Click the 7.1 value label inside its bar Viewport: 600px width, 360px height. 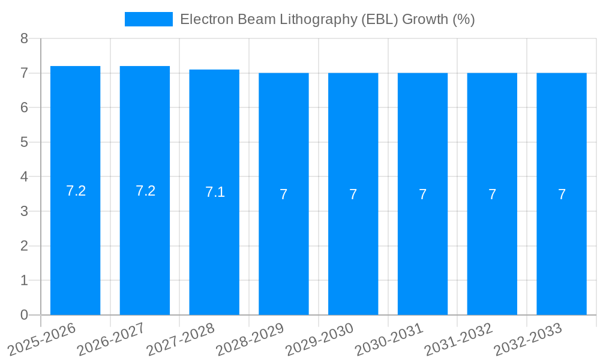tap(215, 192)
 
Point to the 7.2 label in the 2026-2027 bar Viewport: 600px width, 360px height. tap(145, 191)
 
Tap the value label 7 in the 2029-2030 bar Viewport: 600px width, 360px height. tap(353, 194)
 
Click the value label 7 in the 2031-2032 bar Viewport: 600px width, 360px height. tap(492, 194)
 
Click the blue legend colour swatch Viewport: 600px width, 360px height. tap(148, 19)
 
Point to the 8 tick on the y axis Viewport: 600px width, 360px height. tap(24, 38)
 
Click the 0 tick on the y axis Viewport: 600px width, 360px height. tap(24, 315)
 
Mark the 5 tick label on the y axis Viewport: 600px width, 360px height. tap(24, 142)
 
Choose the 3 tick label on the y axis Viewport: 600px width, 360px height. tap(24, 211)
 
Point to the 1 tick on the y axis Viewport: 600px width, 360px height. tap(24, 280)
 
